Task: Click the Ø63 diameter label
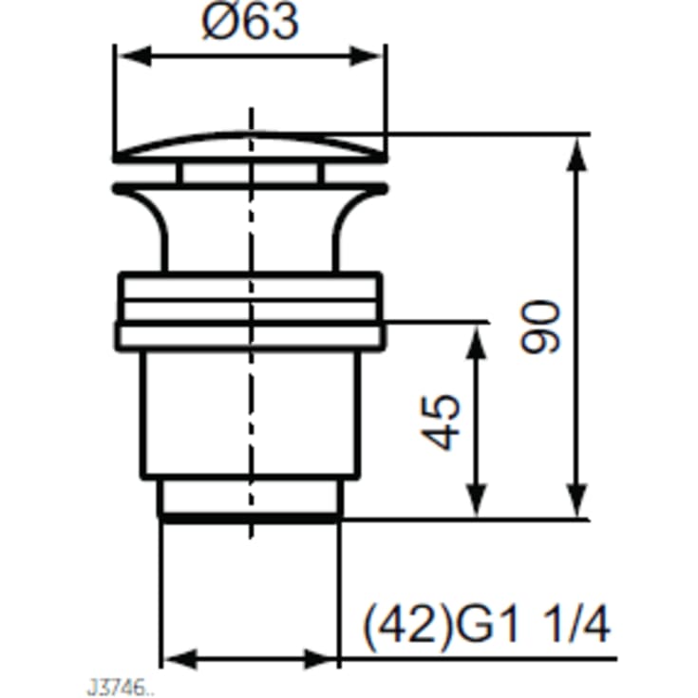pos(250,22)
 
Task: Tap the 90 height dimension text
pos(540,328)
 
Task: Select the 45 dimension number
pos(441,422)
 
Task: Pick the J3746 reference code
pos(117,688)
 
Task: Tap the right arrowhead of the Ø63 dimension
pos(366,56)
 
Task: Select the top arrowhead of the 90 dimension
pos(577,154)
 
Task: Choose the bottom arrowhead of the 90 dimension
pos(577,500)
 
